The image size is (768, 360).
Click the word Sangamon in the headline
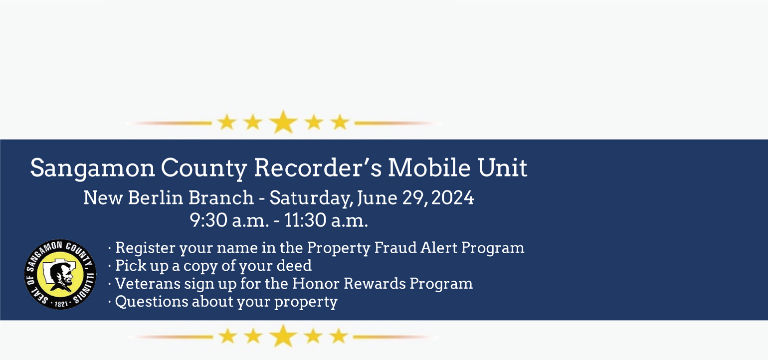[x=93, y=169]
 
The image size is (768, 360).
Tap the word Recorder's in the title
[x=318, y=168]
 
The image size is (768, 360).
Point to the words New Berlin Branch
[x=169, y=197]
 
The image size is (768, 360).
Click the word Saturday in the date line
[x=311, y=198]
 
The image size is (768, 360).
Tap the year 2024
[x=453, y=198]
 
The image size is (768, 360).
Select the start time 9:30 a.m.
[x=229, y=220]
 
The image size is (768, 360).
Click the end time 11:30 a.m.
[x=326, y=220]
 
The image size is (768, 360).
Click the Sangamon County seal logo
[x=60, y=274]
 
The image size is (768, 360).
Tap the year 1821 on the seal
[x=61, y=304]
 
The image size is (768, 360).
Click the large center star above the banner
[x=283, y=122]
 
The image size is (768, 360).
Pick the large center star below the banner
[x=283, y=336]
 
